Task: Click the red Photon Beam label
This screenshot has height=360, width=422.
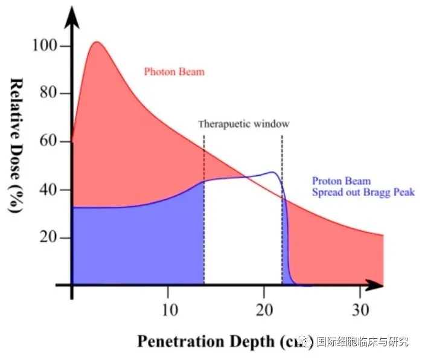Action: [x=174, y=72]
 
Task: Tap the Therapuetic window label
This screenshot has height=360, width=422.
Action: [x=244, y=124]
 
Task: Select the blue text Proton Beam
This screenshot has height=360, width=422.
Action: [x=341, y=181]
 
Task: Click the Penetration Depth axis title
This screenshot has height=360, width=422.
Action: [x=217, y=342]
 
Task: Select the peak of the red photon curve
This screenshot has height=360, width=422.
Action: [x=97, y=42]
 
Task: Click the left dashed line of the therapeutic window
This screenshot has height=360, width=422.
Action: [x=204, y=211]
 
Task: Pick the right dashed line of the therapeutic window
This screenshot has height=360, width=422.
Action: [x=282, y=211]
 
